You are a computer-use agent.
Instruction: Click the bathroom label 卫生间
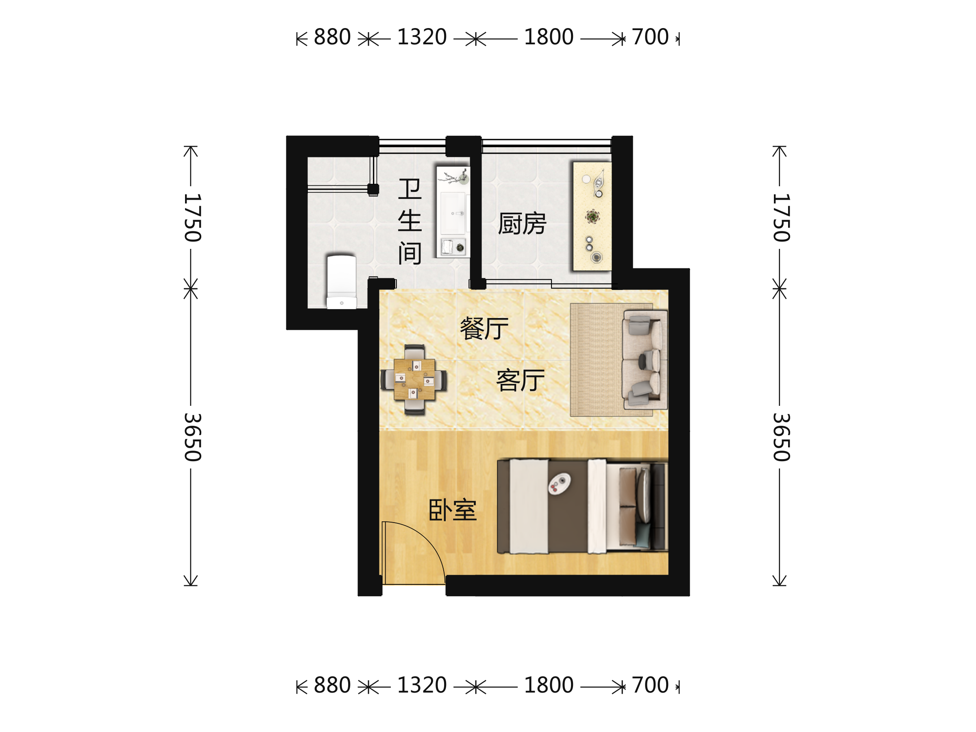pos(410,222)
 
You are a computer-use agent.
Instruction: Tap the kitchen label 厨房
pos(522,224)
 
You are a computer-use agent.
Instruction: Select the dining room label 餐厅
pos(484,328)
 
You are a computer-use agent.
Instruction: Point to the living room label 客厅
pos(520,380)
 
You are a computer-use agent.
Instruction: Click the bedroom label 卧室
pos(452,510)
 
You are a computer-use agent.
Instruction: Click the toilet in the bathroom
pos(342,281)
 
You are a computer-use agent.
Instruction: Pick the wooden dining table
pos(414,379)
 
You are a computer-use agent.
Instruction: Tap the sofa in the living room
pos(645,359)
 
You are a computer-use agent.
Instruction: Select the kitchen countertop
pos(592,216)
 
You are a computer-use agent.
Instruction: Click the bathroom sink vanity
pos(453,212)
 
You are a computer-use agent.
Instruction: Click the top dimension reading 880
pos(332,37)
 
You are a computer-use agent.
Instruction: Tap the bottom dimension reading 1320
pos(422,685)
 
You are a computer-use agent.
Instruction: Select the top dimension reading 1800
pos(549,37)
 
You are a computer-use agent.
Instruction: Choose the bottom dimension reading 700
pos(650,685)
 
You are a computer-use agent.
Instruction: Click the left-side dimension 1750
pos(193,218)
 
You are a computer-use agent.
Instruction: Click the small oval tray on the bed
pos(559,483)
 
